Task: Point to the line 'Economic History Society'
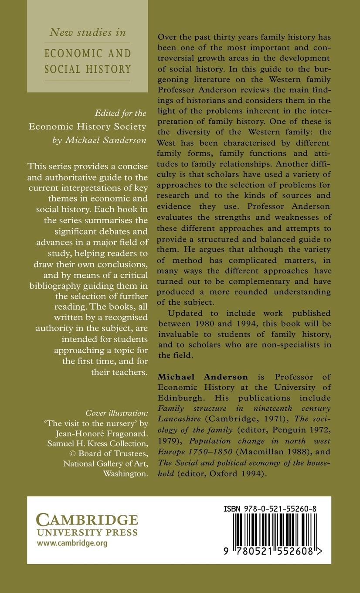click(87, 126)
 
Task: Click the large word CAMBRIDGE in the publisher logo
click(87, 520)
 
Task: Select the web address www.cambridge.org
click(72, 543)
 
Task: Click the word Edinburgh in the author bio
click(179, 399)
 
